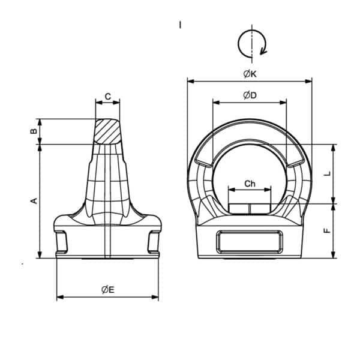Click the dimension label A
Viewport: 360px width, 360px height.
coord(34,200)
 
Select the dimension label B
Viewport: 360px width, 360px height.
coord(34,130)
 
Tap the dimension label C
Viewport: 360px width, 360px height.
coord(107,96)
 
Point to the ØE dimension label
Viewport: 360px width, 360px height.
coord(107,290)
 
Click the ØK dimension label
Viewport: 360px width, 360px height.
coord(250,73)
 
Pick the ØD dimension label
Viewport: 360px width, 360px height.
coord(250,95)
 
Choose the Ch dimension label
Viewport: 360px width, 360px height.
coord(250,184)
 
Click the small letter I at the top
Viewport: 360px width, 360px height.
coord(179,25)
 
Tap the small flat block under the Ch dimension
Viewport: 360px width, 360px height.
coord(250,208)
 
